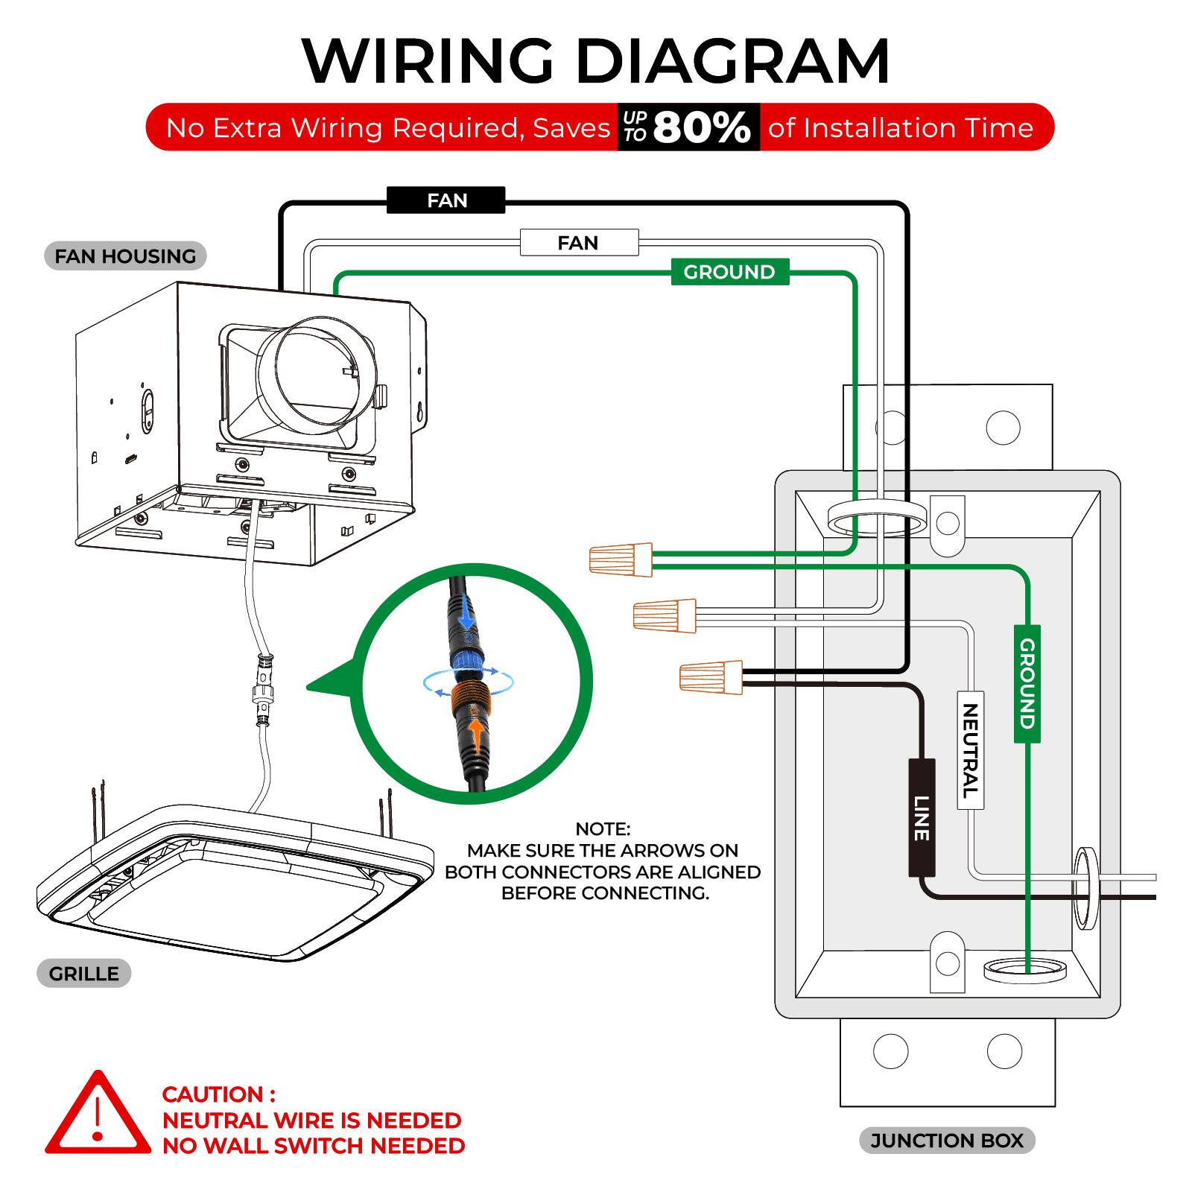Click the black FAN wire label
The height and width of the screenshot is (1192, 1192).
click(x=446, y=200)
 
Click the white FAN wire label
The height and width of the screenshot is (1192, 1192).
click(x=578, y=243)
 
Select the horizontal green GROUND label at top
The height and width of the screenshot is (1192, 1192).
click(x=729, y=272)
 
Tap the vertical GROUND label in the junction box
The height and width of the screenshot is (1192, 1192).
click(x=1027, y=683)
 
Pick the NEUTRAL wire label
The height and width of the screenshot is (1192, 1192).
click(x=970, y=750)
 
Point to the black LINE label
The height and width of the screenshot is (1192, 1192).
click(x=922, y=817)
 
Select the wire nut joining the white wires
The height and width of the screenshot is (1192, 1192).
click(x=664, y=615)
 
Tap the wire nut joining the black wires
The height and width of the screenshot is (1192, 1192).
click(x=710, y=676)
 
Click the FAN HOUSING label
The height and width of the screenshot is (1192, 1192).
click(x=125, y=256)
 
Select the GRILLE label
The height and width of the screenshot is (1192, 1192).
click(x=83, y=974)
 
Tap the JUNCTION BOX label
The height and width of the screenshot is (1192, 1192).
click(x=947, y=1141)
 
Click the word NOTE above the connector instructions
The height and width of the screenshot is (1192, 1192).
click(x=603, y=828)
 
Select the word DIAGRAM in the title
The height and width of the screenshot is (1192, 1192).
click(x=733, y=61)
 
